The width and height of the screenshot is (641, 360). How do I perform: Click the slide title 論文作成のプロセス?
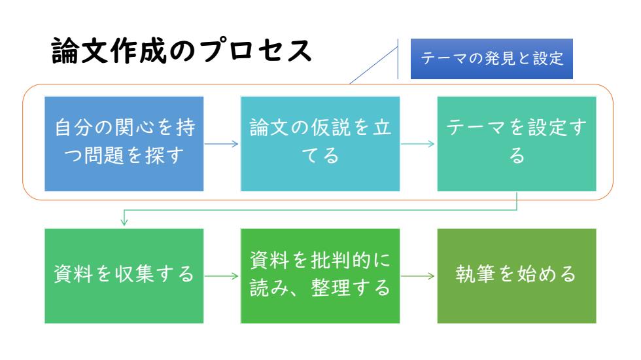coord(182,51)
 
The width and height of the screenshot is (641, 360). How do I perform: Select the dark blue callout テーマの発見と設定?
coord(491,59)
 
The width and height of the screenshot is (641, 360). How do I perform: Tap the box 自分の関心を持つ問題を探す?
coord(124,144)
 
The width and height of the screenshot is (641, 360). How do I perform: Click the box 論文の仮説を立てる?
coord(320,144)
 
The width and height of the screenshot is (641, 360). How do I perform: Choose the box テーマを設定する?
coord(517,144)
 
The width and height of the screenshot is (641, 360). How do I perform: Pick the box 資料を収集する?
coord(124,276)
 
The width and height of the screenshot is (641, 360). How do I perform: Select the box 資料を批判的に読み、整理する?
coord(320,276)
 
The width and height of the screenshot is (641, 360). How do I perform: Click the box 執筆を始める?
coord(517,276)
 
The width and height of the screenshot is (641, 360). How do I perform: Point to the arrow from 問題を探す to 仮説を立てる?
coord(221,143)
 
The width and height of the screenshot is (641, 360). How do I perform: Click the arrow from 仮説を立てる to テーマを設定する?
coord(418,143)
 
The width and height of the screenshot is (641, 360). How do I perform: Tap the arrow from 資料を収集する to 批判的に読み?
coord(221,276)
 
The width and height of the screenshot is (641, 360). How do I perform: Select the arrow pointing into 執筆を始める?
coord(418,276)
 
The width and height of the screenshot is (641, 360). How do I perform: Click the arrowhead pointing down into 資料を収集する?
coord(124,222)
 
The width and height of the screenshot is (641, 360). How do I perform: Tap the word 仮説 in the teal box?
coord(330,128)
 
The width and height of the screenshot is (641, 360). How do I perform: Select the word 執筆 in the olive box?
coord(476,274)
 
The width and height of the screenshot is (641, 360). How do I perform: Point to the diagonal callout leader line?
coord(373,65)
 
